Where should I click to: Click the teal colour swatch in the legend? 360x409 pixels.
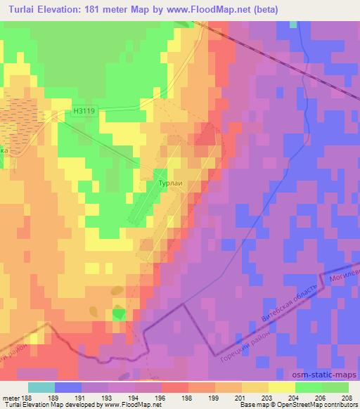coord(41,387)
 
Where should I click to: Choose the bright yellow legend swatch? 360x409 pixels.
coord(281,387)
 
